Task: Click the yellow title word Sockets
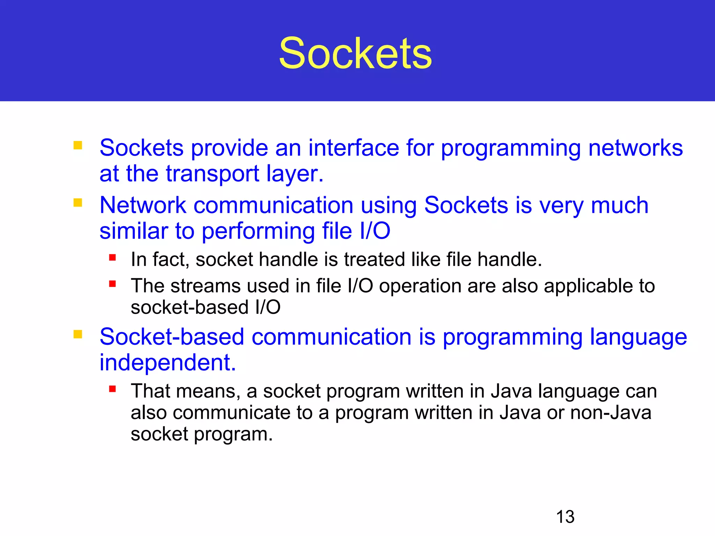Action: (x=355, y=53)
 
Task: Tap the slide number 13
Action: (x=565, y=517)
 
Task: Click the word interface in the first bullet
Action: (x=353, y=148)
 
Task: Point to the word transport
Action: (x=212, y=174)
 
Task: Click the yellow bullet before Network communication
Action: (x=78, y=203)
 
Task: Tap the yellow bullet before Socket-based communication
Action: (x=78, y=334)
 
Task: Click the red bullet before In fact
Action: (x=112, y=258)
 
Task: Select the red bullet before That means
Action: (x=112, y=389)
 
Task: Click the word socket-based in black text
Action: (x=190, y=307)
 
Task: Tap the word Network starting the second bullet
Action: (x=143, y=205)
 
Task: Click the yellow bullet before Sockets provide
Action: (x=78, y=145)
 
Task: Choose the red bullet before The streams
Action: (x=112, y=284)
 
